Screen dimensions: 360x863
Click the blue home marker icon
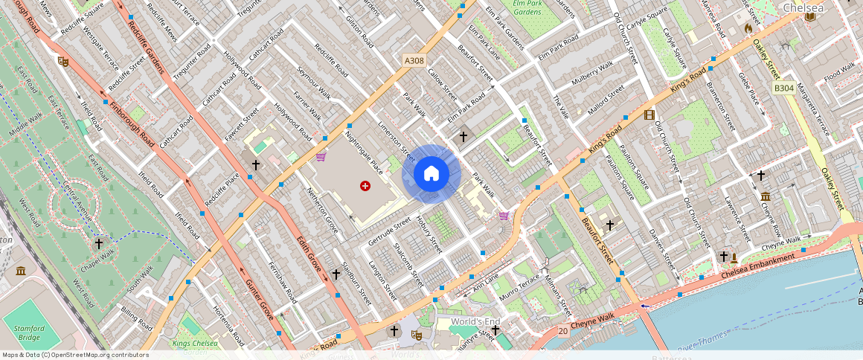click(x=431, y=174)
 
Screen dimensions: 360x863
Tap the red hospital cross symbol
click(x=365, y=185)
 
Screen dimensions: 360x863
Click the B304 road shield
click(x=783, y=88)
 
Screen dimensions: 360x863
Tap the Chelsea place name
click(x=804, y=8)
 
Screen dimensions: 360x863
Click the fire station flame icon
click(x=748, y=28)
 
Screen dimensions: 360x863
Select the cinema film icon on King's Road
click(x=649, y=115)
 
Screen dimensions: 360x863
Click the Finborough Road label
click(x=131, y=122)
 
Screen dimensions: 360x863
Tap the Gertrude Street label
click(x=390, y=231)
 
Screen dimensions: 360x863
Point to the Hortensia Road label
click(x=228, y=327)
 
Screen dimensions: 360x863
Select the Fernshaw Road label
click(x=282, y=282)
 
